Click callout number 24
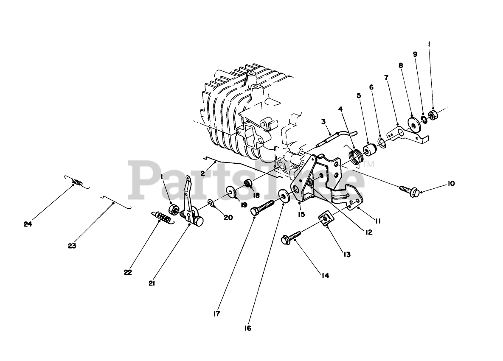(28, 224)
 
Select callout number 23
(72, 246)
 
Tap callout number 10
(451, 184)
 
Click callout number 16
(248, 328)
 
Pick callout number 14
(325, 275)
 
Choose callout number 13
(347, 255)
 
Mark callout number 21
(151, 283)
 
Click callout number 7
(386, 78)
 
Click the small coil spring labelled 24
(77, 182)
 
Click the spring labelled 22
(162, 218)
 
